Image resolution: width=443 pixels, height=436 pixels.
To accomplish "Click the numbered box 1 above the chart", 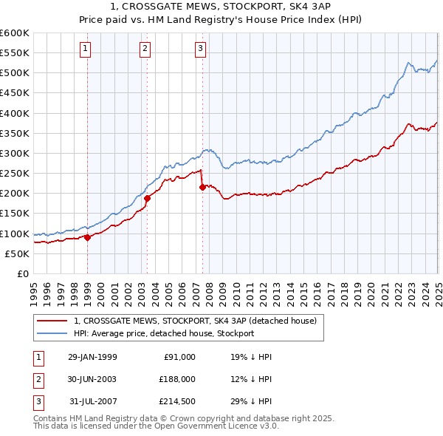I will point(86,50).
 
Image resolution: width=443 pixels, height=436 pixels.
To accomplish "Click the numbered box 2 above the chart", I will point(144,50).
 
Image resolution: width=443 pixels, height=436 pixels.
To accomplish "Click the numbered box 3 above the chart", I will point(200,50).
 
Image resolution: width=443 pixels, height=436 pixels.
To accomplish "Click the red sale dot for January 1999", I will point(88,237).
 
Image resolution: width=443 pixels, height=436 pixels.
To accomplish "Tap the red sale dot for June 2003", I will point(147,198).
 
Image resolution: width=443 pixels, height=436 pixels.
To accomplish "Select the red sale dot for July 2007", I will point(202,188).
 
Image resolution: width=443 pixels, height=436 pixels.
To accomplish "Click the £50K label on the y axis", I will point(18,253).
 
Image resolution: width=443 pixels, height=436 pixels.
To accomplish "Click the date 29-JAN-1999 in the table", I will point(92,357).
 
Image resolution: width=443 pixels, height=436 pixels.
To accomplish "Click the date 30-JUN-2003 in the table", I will point(92,378).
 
